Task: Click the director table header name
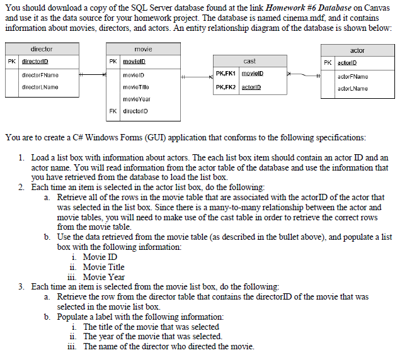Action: coord(42,49)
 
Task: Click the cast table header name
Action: coord(249,61)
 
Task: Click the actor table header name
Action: coord(357,50)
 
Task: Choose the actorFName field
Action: coord(353,76)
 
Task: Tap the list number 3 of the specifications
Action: coord(21,286)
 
